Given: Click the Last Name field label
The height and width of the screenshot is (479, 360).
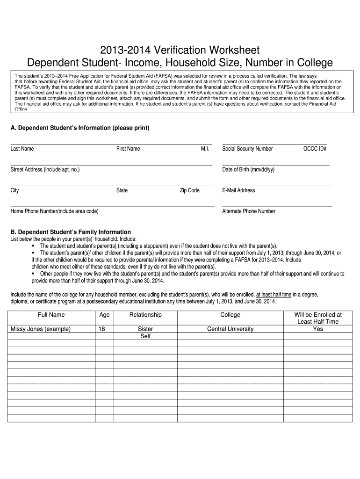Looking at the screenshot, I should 22,149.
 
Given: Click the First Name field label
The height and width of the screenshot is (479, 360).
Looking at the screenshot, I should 128,149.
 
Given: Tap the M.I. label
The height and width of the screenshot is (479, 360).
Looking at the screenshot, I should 205,149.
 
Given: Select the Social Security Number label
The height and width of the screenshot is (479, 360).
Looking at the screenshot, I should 247,149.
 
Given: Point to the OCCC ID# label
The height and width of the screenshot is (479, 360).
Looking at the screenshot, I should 314,149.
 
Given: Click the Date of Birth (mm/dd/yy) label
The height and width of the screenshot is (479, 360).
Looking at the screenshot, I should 248,169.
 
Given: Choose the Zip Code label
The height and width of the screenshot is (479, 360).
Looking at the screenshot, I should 190,190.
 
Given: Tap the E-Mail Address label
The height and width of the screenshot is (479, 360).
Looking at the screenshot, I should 238,190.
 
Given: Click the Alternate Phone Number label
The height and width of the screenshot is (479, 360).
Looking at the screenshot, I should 249,211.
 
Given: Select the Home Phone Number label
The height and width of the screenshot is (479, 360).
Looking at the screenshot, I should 54,211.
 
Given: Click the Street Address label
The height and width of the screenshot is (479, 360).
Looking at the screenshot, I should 45,169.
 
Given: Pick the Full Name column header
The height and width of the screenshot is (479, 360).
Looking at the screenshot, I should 51,315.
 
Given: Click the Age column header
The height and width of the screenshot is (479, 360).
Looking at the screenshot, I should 105,315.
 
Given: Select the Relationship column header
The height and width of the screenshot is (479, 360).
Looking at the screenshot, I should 145,315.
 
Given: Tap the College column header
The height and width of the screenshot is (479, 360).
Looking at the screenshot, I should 230,315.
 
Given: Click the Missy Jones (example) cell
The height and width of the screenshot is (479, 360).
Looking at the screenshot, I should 41,329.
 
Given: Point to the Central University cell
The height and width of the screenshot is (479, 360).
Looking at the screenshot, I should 230,329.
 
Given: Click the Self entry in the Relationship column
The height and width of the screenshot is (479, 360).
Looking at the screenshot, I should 145,336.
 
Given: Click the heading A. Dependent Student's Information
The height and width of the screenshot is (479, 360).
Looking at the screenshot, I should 80,128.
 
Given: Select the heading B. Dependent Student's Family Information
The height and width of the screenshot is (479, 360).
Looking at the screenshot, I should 71,232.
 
